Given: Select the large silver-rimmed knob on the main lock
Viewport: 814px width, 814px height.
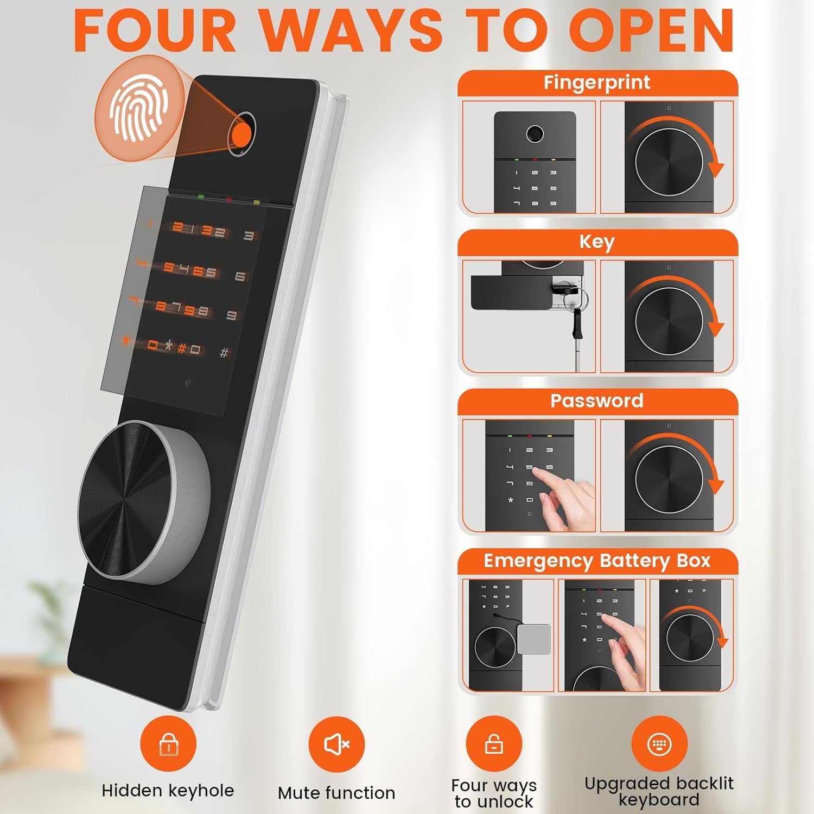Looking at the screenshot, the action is [x=144, y=502].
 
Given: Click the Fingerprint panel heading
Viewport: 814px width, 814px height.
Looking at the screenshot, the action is [x=597, y=82].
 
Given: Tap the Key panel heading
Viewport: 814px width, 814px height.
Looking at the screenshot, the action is [x=597, y=241].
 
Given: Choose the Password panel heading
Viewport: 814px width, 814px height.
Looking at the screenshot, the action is [x=597, y=400].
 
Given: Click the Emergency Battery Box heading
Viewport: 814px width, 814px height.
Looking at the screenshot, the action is [x=597, y=561].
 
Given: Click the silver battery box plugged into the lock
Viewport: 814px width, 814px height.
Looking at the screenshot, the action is [x=534, y=639].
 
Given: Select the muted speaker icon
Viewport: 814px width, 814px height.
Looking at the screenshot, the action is [x=336, y=744].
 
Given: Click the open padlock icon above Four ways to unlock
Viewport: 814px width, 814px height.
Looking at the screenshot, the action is [x=494, y=744].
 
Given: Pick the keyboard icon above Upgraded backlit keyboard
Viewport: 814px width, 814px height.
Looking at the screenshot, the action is [x=659, y=744].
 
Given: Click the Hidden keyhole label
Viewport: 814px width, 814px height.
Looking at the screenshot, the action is [x=168, y=791].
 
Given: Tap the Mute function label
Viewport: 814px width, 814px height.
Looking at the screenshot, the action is [x=336, y=793].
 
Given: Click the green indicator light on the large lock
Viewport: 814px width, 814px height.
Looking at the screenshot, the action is [x=201, y=196].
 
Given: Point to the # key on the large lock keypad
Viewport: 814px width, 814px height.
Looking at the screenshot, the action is [x=224, y=353].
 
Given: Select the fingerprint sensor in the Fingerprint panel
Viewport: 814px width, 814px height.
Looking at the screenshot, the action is [x=535, y=133].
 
